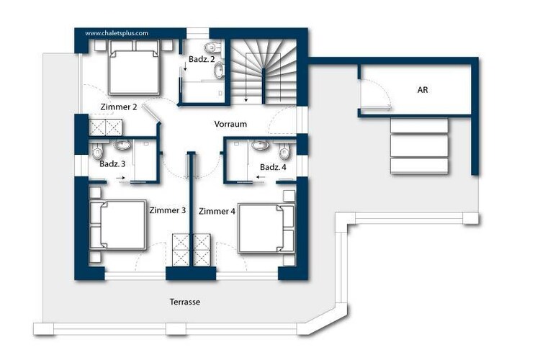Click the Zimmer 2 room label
(x=119, y=107)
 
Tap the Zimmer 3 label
(x=167, y=210)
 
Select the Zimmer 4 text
(x=217, y=211)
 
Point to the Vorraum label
(x=230, y=124)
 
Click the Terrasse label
(x=185, y=302)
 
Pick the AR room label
(x=423, y=90)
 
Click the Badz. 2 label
(x=202, y=59)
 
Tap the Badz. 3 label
(x=112, y=164)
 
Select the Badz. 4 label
(x=273, y=168)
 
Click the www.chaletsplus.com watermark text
(x=117, y=33)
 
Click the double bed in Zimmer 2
(x=134, y=67)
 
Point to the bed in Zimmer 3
(x=118, y=225)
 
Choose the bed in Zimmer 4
(x=266, y=228)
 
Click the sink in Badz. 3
(x=122, y=145)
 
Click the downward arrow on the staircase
(x=246, y=78)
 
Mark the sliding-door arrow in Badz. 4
(x=261, y=177)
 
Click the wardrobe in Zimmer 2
(x=106, y=127)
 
